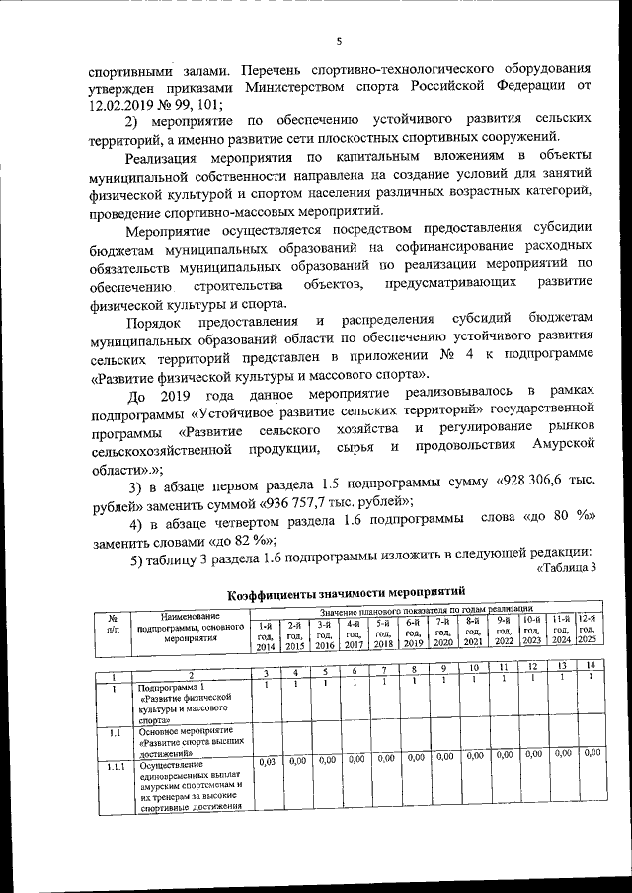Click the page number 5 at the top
click(338, 41)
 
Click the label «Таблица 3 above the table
click(567, 567)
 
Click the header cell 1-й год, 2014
click(266, 635)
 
